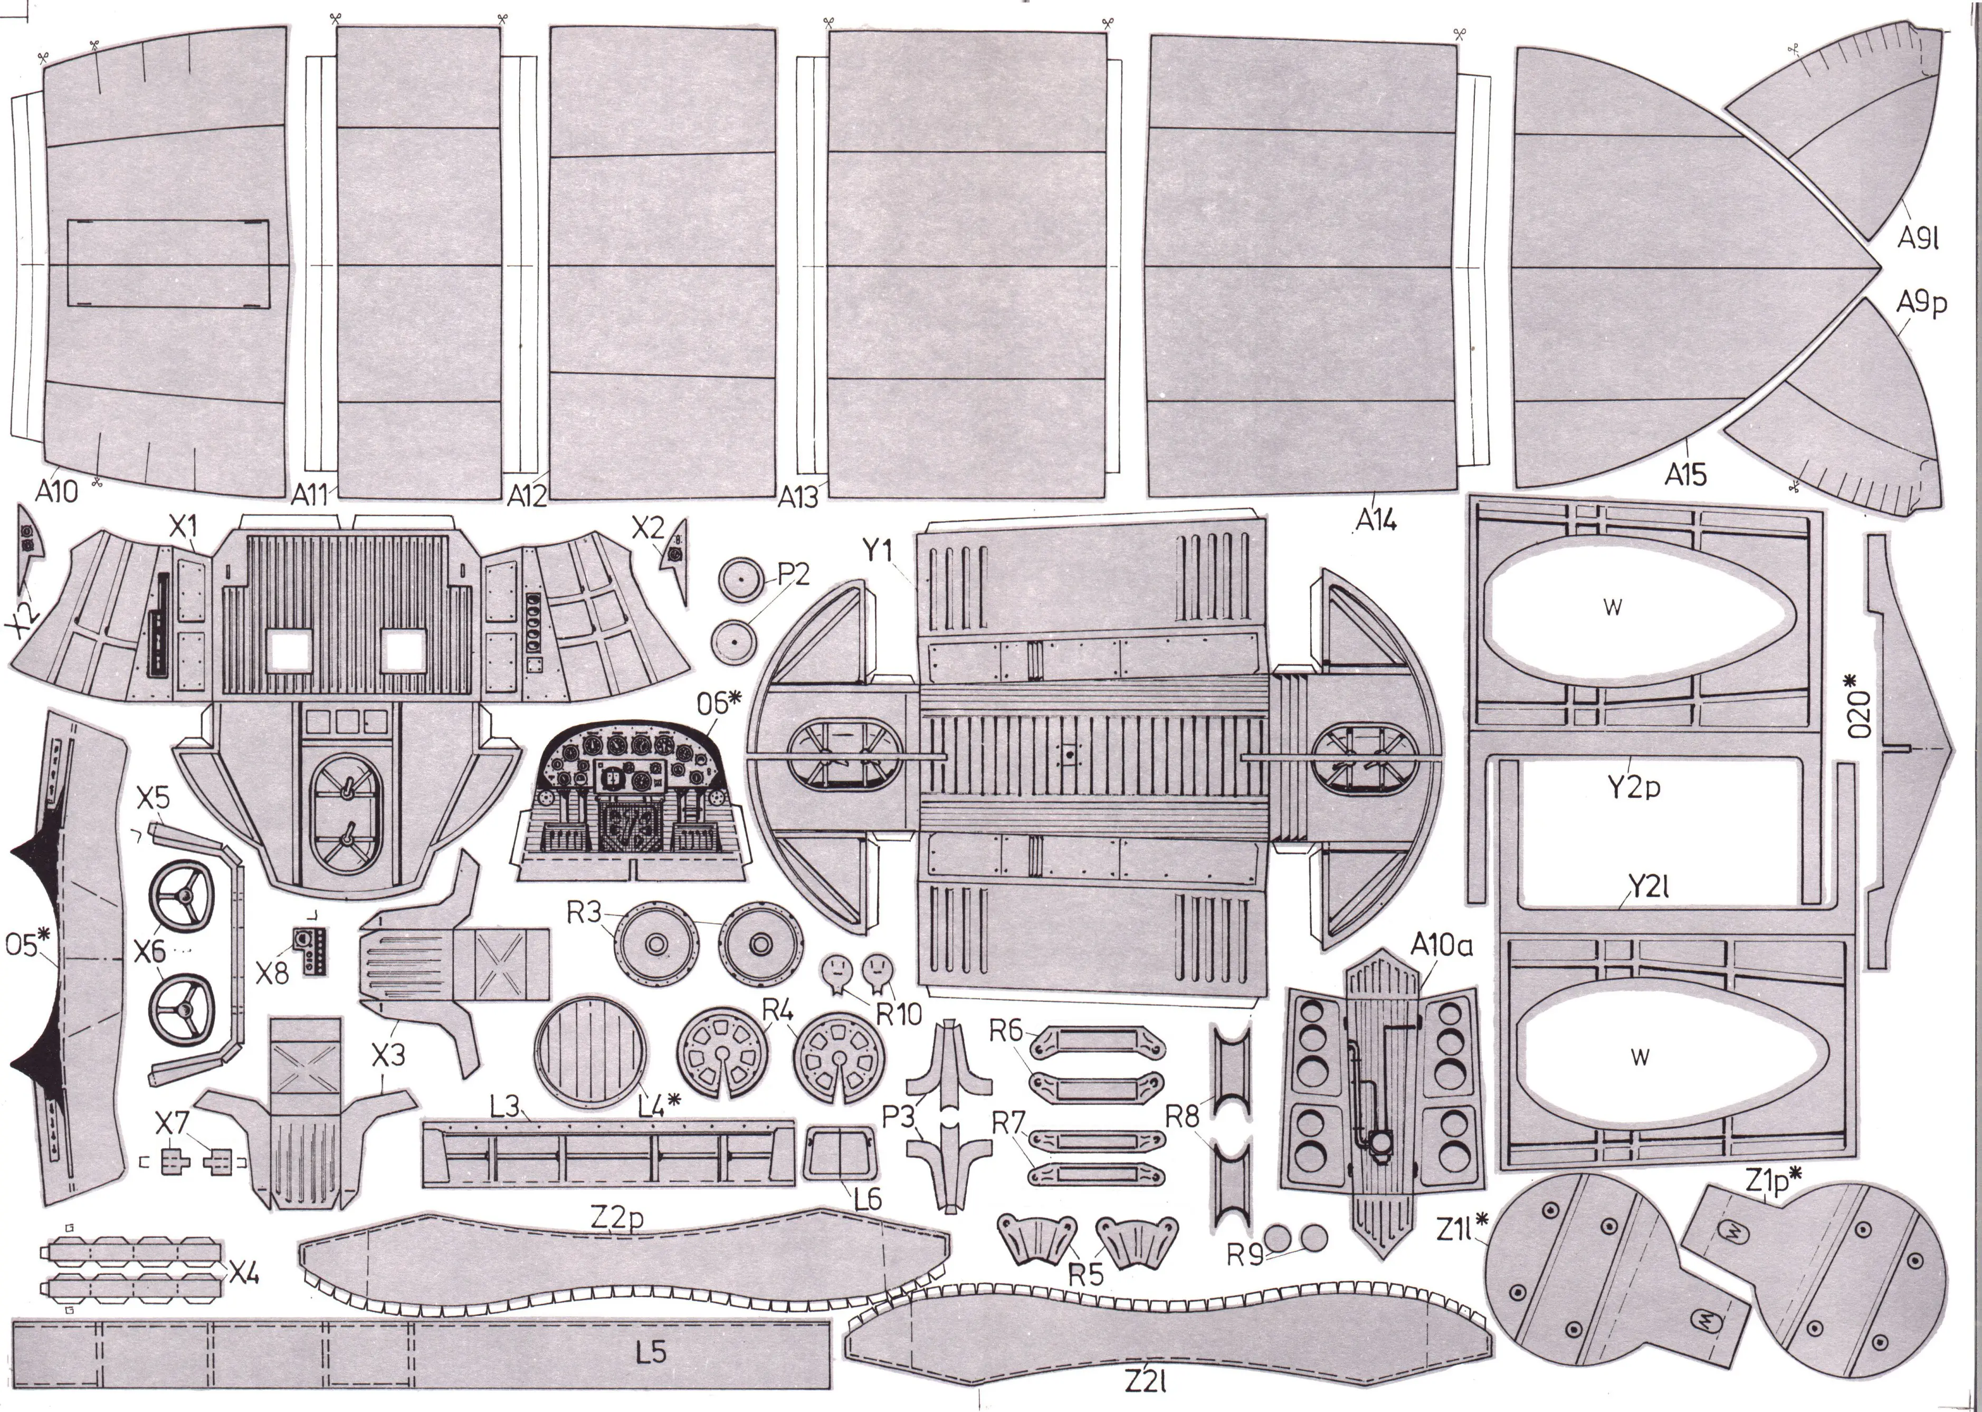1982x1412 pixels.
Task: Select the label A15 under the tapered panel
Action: pyautogui.click(x=1686, y=475)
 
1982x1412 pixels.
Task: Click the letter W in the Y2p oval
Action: pyautogui.click(x=1613, y=608)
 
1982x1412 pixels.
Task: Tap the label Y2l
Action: pyautogui.click(x=1646, y=887)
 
